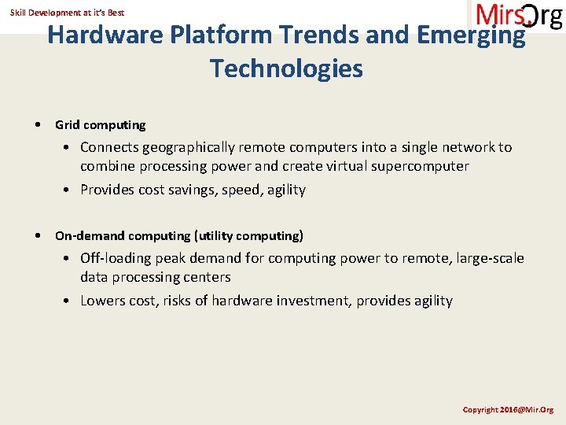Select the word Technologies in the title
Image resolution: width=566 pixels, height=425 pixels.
pyautogui.click(x=286, y=68)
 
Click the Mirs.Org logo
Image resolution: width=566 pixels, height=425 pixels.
pyautogui.click(x=518, y=16)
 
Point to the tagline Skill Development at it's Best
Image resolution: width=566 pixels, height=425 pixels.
pyautogui.click(x=67, y=13)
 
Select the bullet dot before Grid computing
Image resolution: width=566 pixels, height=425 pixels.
pyautogui.click(x=39, y=125)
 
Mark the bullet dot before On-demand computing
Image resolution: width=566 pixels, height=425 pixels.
pyautogui.click(x=39, y=236)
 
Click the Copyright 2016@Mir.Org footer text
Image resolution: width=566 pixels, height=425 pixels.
pyautogui.click(x=508, y=410)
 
